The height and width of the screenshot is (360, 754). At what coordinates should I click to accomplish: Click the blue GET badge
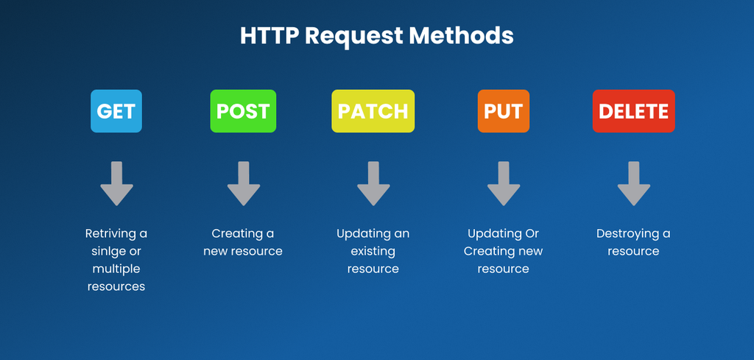tap(116, 111)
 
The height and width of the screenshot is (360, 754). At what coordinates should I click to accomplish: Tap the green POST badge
tap(243, 111)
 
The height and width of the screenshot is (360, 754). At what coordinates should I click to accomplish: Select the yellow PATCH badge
tap(373, 111)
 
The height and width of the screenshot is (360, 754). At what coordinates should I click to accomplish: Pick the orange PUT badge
tap(504, 111)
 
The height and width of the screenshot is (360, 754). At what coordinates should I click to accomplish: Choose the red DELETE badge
tap(634, 111)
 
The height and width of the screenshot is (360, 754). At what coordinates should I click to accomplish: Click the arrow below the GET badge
tap(117, 183)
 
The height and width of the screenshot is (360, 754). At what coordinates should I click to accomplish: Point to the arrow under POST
tap(244, 183)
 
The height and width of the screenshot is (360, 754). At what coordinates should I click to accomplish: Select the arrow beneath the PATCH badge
tap(373, 183)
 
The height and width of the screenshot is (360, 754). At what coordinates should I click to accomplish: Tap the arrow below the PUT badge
tap(504, 183)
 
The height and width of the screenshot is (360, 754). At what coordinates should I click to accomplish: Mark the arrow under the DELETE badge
tap(634, 183)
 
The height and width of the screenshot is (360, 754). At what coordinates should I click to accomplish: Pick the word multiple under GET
tap(116, 269)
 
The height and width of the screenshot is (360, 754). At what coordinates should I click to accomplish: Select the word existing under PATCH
tap(373, 252)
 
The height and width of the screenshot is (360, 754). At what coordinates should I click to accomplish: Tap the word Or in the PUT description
tap(532, 234)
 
